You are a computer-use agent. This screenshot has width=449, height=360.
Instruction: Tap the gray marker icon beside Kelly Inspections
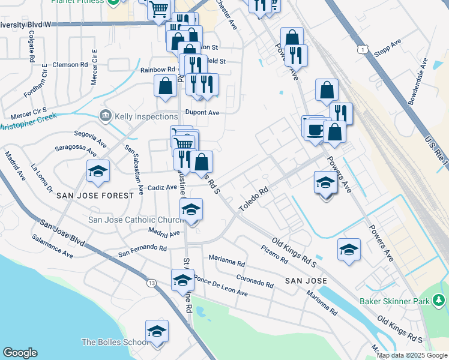[106, 115]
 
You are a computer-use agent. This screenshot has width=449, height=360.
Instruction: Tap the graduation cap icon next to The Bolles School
[157, 332]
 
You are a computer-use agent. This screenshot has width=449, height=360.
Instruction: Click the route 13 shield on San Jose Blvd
[151, 283]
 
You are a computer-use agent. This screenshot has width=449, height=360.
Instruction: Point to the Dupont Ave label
[202, 112]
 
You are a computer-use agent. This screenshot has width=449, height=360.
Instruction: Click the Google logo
[20, 353]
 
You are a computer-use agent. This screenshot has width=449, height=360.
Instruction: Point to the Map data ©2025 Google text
[411, 355]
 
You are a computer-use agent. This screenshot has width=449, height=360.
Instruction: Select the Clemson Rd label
[70, 64]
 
